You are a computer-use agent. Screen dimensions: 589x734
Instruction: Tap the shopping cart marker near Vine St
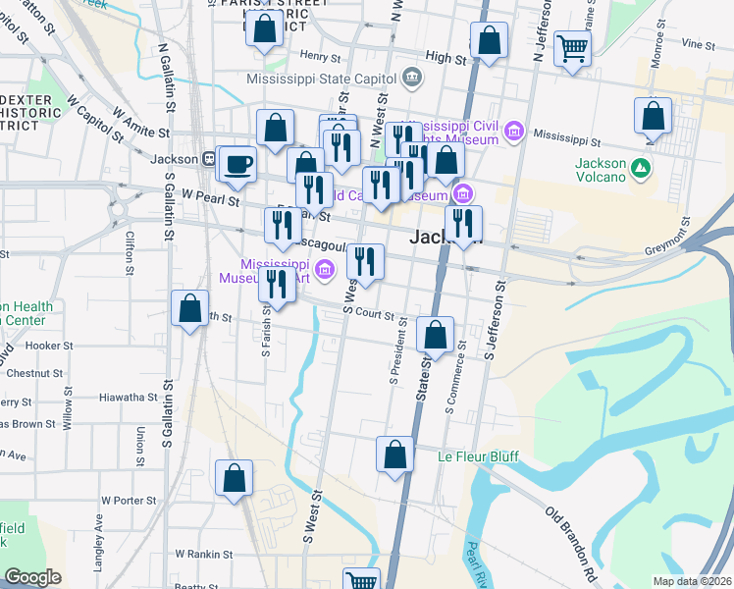(x=572, y=47)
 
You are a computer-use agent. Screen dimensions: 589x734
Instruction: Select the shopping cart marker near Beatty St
(x=361, y=581)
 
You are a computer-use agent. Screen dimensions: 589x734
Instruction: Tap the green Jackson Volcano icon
(x=641, y=169)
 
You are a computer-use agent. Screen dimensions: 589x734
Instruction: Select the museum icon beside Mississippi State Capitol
(x=411, y=78)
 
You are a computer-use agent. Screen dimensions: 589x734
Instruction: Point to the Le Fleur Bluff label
(x=478, y=456)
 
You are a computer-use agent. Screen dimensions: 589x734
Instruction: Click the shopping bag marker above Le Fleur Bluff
(x=394, y=455)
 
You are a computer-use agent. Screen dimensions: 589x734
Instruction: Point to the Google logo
(x=32, y=577)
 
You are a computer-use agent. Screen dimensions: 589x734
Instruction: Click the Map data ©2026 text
(x=692, y=581)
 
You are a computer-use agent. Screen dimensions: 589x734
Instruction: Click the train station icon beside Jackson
(x=209, y=158)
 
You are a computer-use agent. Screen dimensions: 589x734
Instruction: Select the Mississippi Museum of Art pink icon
(x=325, y=267)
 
